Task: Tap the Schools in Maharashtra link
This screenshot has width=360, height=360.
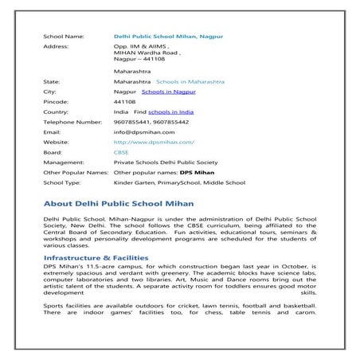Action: click(x=190, y=81)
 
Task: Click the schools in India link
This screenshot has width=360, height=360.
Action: click(x=170, y=112)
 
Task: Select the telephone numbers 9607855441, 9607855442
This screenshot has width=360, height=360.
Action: click(x=151, y=122)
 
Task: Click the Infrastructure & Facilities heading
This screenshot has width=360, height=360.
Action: click(x=96, y=258)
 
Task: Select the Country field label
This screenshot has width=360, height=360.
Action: click(x=56, y=112)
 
